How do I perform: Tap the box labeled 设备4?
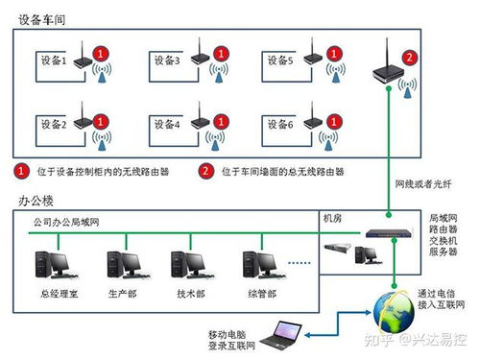point(165,125)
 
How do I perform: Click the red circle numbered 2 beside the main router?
point(410,58)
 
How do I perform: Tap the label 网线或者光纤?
point(423,183)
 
